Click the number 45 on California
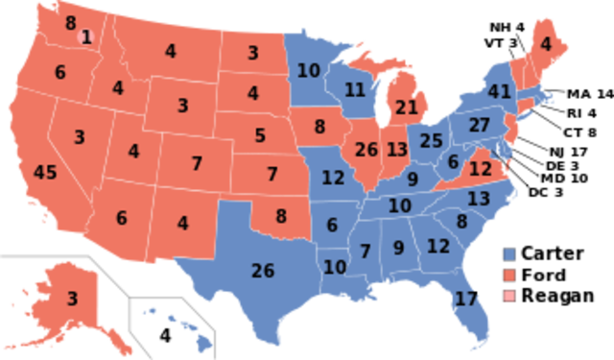coord(45,173)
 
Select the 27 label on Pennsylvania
coord(480,126)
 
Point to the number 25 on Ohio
coord(431,141)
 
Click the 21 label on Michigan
coord(407,106)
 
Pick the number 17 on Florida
coord(466,299)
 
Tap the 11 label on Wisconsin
coord(355,89)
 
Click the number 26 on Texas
coord(263,270)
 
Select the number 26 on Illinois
coord(366,150)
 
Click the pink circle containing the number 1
coord(86,37)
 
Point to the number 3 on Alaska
coord(72,299)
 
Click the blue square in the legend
coord(509,254)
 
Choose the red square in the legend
coord(509,275)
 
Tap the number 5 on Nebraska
coord(260,136)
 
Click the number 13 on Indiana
coord(397,150)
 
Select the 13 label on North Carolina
coord(479,199)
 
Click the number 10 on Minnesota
coord(308,70)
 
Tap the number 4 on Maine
coord(546,43)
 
